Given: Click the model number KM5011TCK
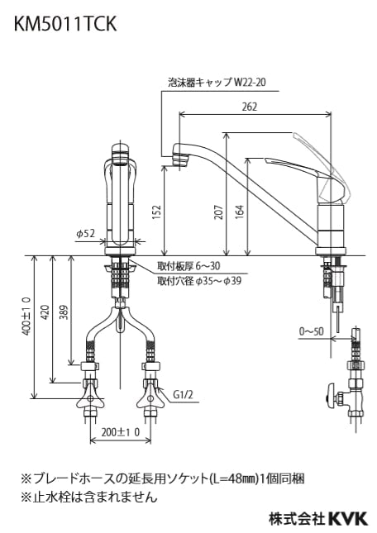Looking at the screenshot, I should (63, 26).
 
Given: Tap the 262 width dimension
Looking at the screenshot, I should (251, 106).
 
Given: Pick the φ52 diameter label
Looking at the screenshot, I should (86, 235).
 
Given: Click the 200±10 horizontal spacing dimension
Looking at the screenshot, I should (121, 433).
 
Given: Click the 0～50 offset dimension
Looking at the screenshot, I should (312, 332).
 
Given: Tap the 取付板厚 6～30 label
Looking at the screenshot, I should (189, 266).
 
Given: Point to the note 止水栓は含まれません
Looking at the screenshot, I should (88, 497).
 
